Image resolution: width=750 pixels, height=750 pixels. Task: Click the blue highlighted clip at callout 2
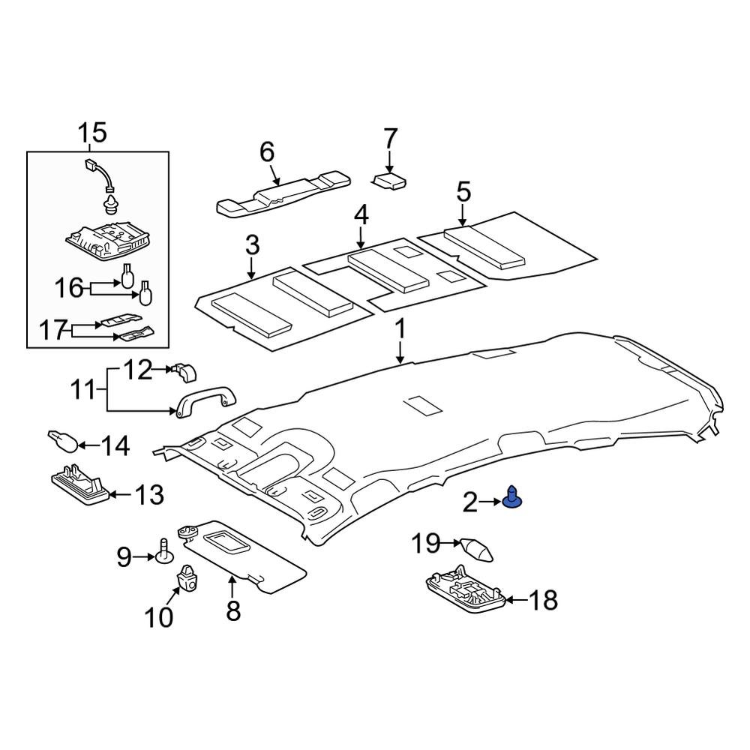(x=513, y=498)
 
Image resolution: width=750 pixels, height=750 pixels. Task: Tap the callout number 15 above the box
(x=93, y=133)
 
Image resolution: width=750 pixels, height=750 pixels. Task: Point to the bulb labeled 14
(x=62, y=441)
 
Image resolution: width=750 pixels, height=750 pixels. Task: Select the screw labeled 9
(x=164, y=551)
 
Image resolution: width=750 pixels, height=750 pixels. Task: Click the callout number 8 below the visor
(x=233, y=610)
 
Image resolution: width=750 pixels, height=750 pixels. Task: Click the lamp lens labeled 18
(x=464, y=593)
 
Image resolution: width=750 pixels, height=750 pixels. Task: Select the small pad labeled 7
(x=391, y=181)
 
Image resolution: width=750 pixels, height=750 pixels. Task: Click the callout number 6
(x=267, y=152)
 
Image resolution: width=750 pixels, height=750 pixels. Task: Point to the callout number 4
(x=361, y=216)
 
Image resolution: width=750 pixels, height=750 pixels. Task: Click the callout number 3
(x=252, y=244)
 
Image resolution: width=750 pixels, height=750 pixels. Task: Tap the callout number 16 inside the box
(x=71, y=287)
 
